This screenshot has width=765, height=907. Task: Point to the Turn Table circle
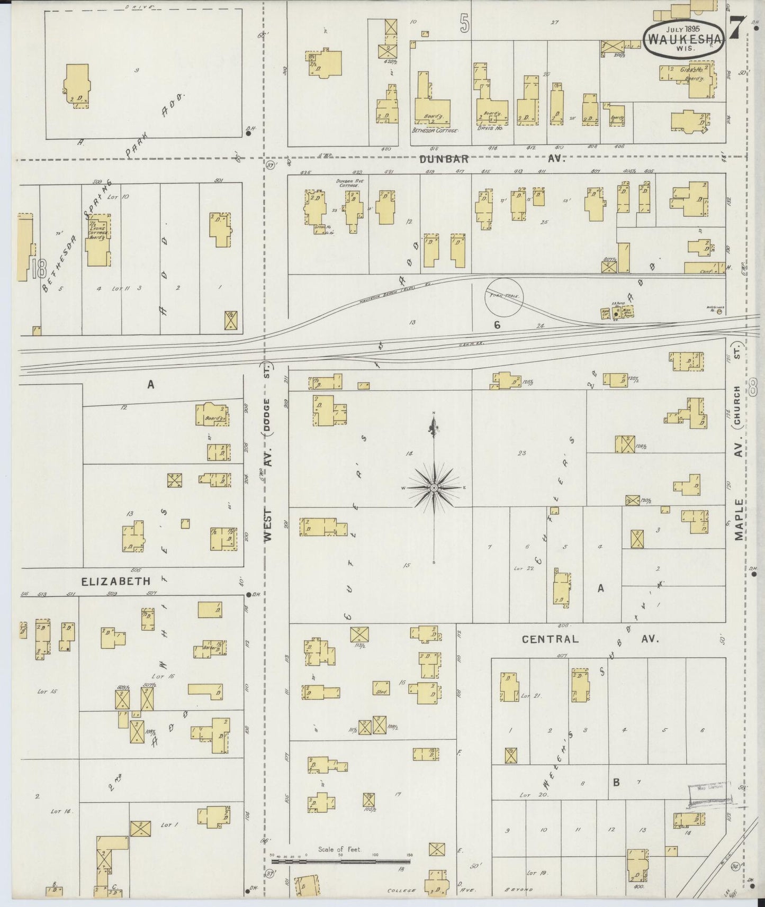pos(503,297)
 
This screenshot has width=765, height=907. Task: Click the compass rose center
pos(434,487)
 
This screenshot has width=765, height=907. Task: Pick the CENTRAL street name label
pos(550,639)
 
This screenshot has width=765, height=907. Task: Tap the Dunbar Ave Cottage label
pos(348,183)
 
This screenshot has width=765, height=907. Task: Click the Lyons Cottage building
pos(98,241)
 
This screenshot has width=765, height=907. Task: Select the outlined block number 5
pos(464,24)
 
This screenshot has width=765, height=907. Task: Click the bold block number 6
pos(497,325)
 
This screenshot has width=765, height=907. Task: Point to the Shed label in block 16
pos(381,691)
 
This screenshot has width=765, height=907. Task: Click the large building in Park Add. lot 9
pos(77,86)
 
